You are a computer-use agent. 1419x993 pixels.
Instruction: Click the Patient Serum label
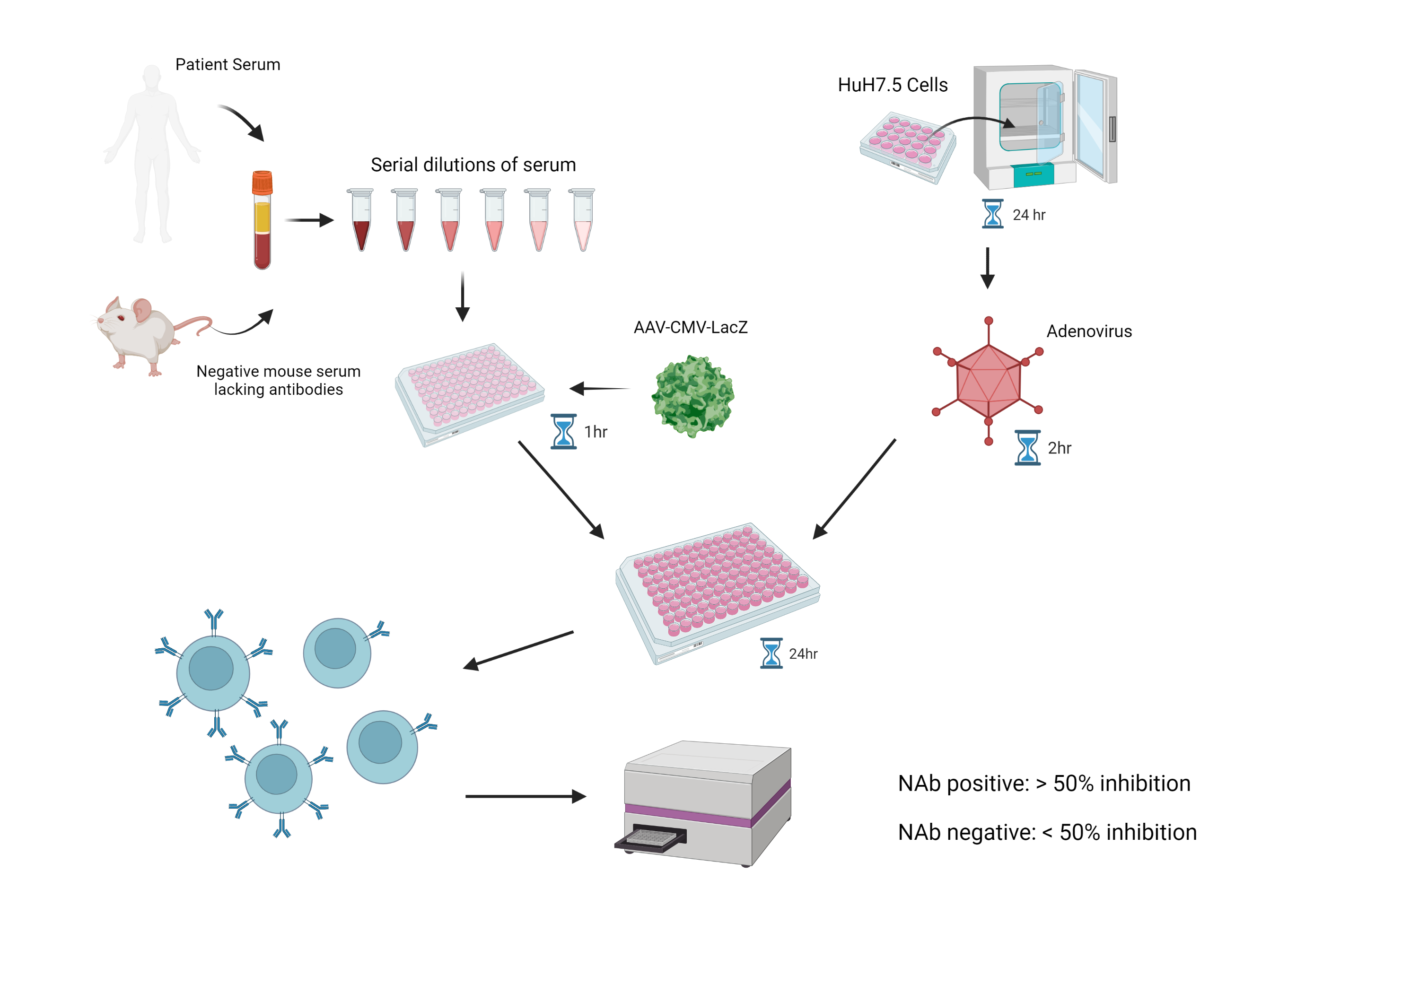point(228,64)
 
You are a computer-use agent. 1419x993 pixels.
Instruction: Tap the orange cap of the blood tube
point(262,183)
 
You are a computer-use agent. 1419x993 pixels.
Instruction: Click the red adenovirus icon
point(988,381)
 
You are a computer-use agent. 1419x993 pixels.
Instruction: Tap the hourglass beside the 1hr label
point(563,431)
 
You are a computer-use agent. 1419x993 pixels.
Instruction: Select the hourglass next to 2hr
point(1027,447)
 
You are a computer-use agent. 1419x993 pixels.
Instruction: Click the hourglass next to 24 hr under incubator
point(992,214)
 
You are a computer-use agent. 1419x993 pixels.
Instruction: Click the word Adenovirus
point(1088,331)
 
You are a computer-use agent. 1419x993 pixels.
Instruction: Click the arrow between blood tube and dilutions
point(308,220)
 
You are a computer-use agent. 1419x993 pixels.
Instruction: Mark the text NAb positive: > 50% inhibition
point(1043,783)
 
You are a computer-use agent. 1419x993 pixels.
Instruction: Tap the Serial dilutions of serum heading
point(473,165)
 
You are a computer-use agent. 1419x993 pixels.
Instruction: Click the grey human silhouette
point(152,155)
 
